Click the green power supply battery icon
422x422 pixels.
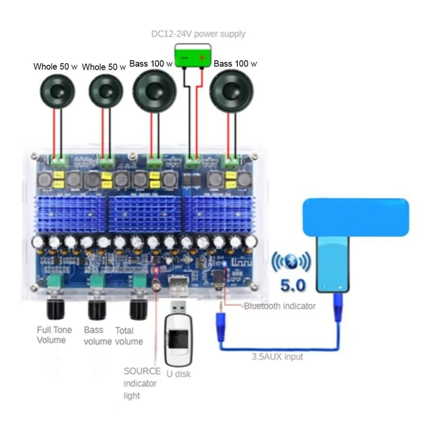[193, 55]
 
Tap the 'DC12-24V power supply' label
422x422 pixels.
[198, 34]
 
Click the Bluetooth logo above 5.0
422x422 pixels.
[292, 262]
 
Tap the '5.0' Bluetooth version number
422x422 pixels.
[293, 285]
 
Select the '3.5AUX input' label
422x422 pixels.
[277, 357]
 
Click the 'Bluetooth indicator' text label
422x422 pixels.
[280, 306]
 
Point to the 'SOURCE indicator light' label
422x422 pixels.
[142, 383]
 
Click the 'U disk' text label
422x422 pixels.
[178, 374]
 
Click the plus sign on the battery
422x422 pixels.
[202, 57]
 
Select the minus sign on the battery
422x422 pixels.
[184, 58]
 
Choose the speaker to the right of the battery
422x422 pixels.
[232, 91]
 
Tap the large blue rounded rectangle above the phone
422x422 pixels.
[356, 217]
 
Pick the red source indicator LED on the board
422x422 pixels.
[156, 270]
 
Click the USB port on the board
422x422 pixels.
[178, 284]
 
